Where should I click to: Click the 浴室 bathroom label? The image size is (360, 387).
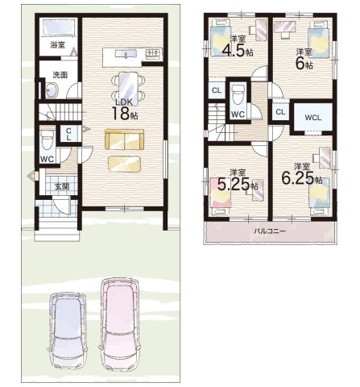point(57,44)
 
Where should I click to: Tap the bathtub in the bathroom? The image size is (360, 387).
point(58,28)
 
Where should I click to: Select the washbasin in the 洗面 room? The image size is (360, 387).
point(51,89)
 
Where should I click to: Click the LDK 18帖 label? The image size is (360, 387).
point(124,110)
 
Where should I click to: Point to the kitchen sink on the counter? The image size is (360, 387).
point(126,54)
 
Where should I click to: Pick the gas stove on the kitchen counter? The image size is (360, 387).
point(154,53)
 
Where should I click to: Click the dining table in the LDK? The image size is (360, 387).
point(128,89)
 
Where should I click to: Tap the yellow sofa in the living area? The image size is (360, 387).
point(125,139)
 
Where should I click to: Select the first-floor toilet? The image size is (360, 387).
point(48,140)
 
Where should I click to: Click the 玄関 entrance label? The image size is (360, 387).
point(62,186)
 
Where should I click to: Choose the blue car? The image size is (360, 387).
point(68,331)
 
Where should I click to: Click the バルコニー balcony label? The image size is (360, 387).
point(270,231)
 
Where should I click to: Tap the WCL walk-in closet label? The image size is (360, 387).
point(313,118)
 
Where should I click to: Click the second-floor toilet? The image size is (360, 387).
point(238,94)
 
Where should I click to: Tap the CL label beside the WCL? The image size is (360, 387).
point(280,112)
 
